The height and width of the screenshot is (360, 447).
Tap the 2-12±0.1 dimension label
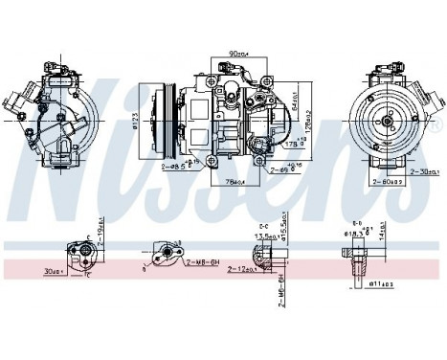[246, 270]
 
